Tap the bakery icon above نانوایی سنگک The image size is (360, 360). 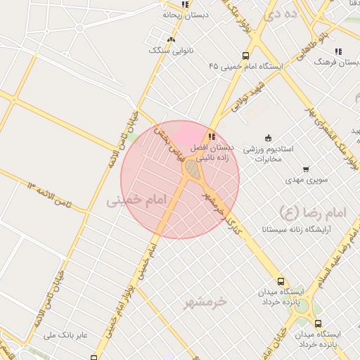(x=171, y=39)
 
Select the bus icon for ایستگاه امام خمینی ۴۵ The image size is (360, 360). (x=245, y=56)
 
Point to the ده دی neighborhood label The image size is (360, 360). (x=271, y=13)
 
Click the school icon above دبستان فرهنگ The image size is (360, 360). (x=338, y=51)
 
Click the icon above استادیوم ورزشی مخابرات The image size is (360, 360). (x=267, y=138)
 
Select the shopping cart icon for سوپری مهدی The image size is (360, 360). (x=306, y=169)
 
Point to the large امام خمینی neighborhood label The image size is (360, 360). (x=139, y=202)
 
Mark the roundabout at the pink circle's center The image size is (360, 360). (x=191, y=169)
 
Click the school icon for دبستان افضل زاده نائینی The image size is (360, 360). (x=212, y=136)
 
